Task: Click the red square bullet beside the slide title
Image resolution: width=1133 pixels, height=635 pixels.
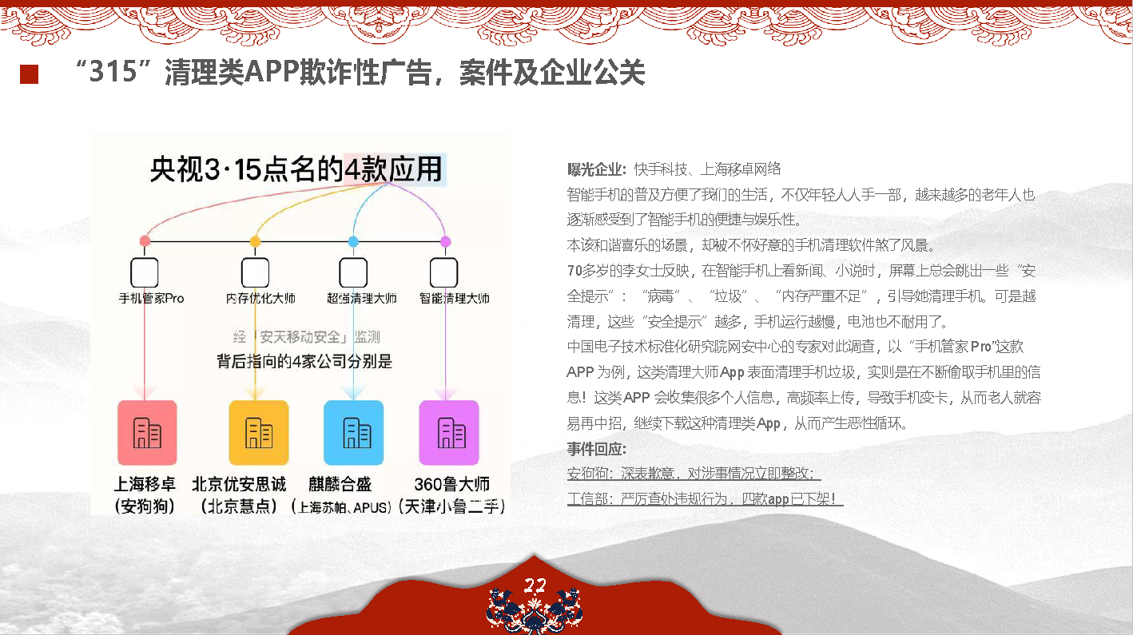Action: pos(30,74)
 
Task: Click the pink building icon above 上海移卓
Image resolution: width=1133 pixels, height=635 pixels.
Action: pos(147,433)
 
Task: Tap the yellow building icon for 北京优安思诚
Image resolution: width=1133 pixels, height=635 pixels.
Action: pos(258,433)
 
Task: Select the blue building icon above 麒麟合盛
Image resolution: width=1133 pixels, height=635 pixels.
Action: pos(353,433)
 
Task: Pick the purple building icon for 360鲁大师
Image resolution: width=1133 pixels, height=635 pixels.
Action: pos(449,433)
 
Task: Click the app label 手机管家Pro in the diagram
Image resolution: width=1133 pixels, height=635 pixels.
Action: pos(151,298)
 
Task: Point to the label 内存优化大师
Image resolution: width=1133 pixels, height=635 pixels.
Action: pos(260,298)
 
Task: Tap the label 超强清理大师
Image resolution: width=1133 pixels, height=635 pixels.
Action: pos(362,298)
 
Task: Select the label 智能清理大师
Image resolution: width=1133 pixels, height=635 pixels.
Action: pos(454,298)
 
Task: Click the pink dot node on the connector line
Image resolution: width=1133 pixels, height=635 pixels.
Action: pos(145,240)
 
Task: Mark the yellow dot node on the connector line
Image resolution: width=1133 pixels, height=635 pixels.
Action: pos(256,241)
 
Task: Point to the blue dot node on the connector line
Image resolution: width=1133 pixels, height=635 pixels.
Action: pos(353,241)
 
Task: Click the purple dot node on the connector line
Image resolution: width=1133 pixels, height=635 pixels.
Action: pos(446,241)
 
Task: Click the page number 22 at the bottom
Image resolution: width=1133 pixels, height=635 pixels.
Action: pos(535,585)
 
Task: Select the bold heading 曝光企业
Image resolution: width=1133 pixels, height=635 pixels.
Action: pos(597,169)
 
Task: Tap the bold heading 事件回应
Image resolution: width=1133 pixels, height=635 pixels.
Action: pos(597,449)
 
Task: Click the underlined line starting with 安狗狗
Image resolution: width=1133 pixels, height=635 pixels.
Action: pos(694,473)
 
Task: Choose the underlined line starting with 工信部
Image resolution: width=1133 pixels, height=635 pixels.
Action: pos(705,499)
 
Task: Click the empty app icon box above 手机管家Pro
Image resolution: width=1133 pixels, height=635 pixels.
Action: pos(145,272)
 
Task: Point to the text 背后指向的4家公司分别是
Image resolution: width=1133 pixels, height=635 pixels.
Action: pos(304,362)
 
